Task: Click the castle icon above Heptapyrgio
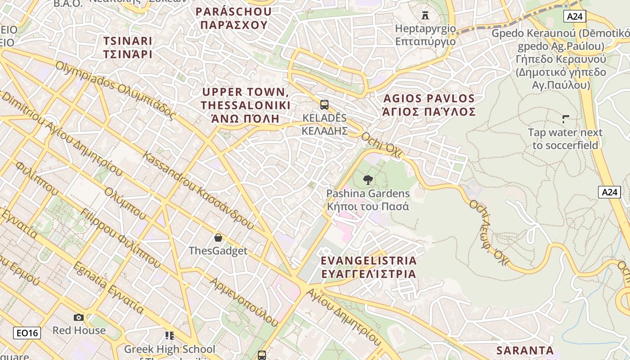[x=425, y=15]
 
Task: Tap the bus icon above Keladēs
[x=324, y=105]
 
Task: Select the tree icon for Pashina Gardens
[x=368, y=180]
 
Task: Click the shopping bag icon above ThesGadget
[x=218, y=237]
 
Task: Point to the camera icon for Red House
[x=79, y=317]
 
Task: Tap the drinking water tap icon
[x=566, y=119]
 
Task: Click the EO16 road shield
[x=27, y=333]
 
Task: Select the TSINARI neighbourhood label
[x=128, y=48]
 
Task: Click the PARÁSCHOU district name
[x=234, y=18]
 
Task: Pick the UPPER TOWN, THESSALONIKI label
[x=246, y=105]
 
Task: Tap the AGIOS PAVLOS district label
[x=428, y=105]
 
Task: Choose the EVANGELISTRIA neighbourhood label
[x=368, y=267]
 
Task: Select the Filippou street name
[x=119, y=241]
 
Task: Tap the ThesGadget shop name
[x=218, y=251]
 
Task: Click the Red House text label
[x=79, y=330]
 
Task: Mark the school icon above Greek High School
[x=170, y=335]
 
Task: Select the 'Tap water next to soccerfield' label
[x=565, y=139]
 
